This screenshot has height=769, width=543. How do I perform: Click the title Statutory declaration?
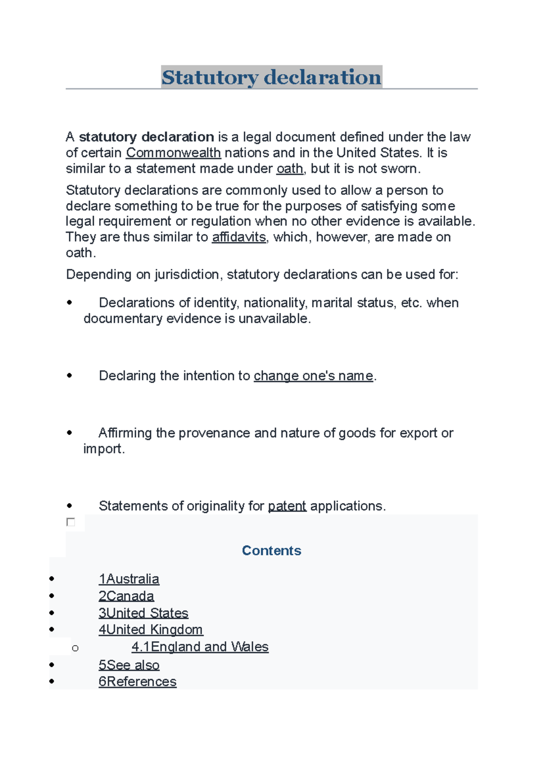coord(271,77)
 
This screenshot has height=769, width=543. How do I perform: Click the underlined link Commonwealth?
coord(173,153)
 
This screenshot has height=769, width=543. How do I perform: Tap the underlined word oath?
coord(290,169)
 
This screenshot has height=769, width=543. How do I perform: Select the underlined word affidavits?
coord(239,237)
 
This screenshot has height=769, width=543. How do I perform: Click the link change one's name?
coord(314,376)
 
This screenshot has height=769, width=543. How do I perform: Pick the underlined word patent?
coord(287,506)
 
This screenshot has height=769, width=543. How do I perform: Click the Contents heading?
coord(271,551)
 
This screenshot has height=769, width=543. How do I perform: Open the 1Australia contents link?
coord(129,579)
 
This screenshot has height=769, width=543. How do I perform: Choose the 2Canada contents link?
coord(126,596)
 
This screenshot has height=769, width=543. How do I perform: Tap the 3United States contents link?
coord(143,613)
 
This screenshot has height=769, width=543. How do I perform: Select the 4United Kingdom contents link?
coord(151,630)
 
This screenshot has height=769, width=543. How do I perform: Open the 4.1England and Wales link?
coord(200,647)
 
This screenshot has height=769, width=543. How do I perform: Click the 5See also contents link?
coord(129,665)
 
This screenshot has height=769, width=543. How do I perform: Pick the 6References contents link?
coord(138,682)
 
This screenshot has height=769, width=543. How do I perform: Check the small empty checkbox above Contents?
coord(71,522)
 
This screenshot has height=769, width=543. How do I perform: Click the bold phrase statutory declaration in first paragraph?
coord(146,137)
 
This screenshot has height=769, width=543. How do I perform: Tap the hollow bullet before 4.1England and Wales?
coord(75,649)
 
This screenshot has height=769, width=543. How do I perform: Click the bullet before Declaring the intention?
coord(69,375)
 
